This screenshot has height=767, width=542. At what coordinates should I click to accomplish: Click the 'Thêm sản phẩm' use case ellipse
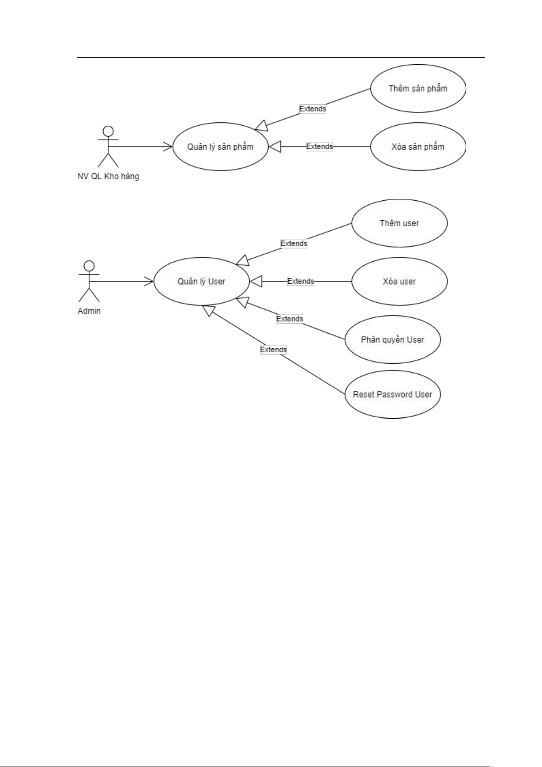coord(418,88)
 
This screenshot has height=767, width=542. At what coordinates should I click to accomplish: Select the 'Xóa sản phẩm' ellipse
coord(418,147)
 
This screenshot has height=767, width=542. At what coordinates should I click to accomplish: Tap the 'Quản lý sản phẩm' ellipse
coord(220,147)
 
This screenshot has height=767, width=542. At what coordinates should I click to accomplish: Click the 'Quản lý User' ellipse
coord(201,281)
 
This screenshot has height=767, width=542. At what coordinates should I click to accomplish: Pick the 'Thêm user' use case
coord(399,223)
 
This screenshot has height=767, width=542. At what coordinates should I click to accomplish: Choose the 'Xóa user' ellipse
coord(399,281)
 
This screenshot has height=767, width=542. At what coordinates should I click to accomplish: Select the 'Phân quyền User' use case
coord(392,340)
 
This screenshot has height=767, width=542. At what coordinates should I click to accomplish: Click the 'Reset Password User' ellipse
coord(392,395)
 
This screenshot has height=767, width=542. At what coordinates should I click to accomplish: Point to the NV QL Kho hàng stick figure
coord(108,147)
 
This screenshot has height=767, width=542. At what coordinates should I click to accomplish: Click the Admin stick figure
coord(89,281)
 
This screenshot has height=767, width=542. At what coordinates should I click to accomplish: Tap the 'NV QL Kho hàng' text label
coord(108,176)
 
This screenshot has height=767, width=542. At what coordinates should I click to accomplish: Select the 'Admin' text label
coord(89,311)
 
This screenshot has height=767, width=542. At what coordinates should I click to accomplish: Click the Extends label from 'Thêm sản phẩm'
coord(312,109)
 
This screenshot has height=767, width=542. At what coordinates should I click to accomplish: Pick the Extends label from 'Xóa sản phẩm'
coord(319,147)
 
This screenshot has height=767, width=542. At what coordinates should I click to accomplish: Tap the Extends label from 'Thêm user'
coord(294,244)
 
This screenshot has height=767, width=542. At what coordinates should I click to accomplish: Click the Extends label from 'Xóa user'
coord(301,281)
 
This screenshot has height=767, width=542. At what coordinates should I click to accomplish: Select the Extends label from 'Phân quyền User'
coord(290,319)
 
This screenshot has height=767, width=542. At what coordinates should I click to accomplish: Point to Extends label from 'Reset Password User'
coord(273,350)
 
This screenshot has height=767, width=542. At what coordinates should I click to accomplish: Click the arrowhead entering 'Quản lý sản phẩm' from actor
coord(168,147)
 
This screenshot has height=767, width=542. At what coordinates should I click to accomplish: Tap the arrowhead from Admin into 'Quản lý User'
coord(149,281)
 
